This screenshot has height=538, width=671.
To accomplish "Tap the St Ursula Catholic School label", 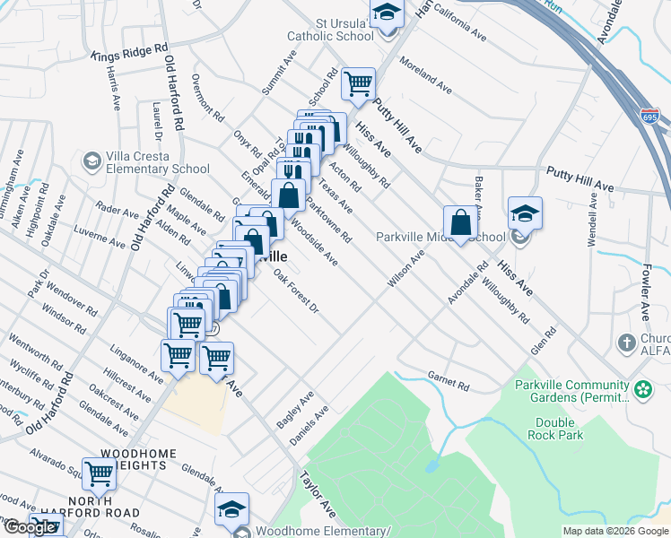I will point(330,29).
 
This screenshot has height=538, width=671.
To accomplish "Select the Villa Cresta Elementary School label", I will point(158,161).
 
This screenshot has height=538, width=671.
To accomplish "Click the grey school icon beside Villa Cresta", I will point(91,161).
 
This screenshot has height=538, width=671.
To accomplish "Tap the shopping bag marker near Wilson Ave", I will point(460,221).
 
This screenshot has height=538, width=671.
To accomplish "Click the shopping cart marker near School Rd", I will point(358,84).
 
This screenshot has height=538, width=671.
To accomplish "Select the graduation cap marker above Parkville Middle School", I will point(525,213).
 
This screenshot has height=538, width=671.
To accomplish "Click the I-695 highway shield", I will point(649,115).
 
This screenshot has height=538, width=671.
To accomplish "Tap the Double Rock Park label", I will point(560,429).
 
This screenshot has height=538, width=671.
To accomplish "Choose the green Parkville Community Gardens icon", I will point(642,389).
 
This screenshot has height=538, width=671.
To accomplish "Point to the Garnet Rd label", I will point(449,383).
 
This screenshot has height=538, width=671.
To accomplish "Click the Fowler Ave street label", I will point(645,291).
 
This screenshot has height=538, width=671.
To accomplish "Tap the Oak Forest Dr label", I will point(296,291).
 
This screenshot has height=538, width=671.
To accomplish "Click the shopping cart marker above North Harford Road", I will point(99,473).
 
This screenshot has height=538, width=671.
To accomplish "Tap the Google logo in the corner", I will point(30,528).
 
